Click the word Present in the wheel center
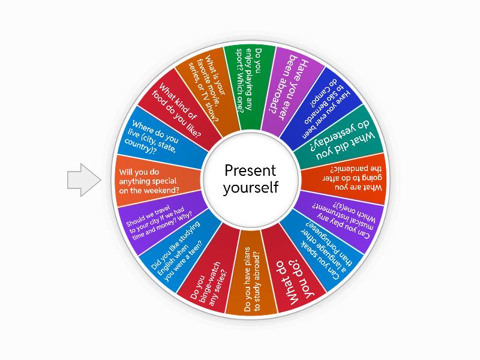tap(250, 170)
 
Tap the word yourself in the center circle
tap(250, 187)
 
